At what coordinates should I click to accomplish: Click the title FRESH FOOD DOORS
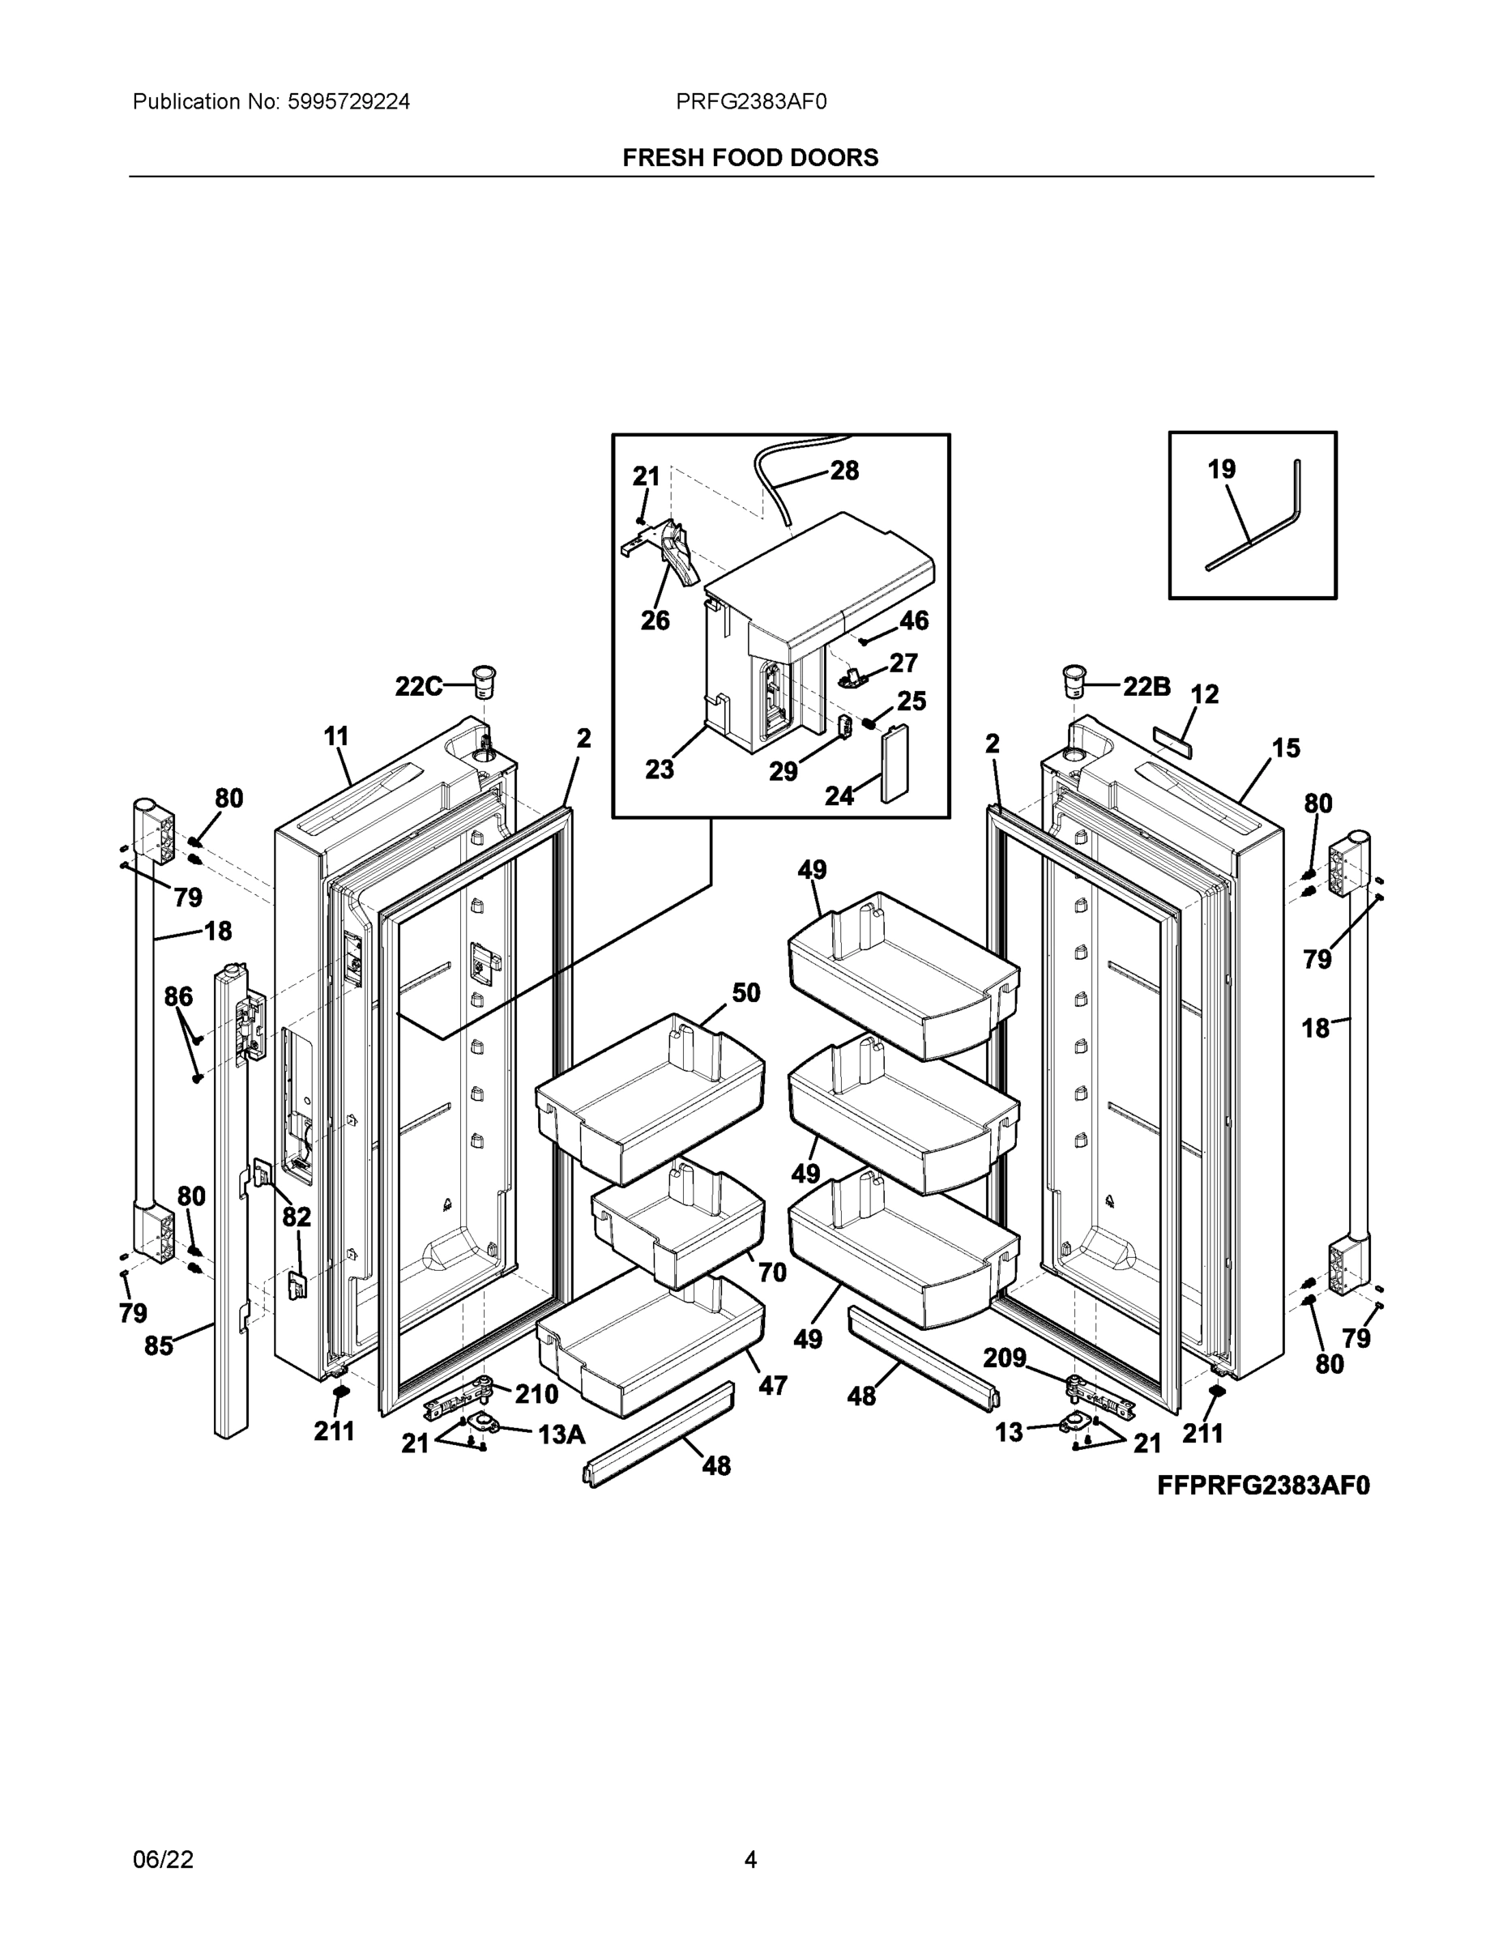(x=749, y=158)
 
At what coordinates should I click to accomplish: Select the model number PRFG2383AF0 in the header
(x=750, y=101)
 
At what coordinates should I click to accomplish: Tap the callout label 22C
(x=417, y=685)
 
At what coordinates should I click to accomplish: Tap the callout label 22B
(x=1146, y=685)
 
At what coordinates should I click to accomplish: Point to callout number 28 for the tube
(x=844, y=470)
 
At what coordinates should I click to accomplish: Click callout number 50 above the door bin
(x=746, y=992)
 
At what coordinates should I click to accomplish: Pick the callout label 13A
(x=561, y=1434)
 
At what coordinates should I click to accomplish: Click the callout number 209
(x=1005, y=1358)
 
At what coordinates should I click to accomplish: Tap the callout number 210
(x=537, y=1394)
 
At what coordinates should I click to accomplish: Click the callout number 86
(x=178, y=996)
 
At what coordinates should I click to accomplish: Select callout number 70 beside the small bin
(x=772, y=1273)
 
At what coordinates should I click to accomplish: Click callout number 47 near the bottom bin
(x=772, y=1385)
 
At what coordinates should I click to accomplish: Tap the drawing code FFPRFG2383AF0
(x=1262, y=1486)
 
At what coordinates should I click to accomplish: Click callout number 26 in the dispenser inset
(x=655, y=620)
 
